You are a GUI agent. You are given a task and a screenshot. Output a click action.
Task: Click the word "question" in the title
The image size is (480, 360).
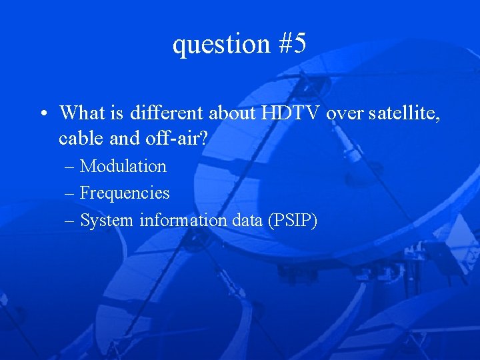(213, 44)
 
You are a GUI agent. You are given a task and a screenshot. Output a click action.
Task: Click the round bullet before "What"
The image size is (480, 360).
(41, 113)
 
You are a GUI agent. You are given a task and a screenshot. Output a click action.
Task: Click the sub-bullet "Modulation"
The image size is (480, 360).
(123, 166)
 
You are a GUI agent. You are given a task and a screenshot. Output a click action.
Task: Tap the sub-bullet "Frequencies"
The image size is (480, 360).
(125, 193)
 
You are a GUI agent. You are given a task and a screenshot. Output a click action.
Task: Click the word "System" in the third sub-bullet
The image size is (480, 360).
(107, 220)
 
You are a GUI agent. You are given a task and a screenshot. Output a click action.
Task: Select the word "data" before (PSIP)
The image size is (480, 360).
(247, 220)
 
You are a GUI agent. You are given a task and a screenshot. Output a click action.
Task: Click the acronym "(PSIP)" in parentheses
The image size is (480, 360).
(292, 220)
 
